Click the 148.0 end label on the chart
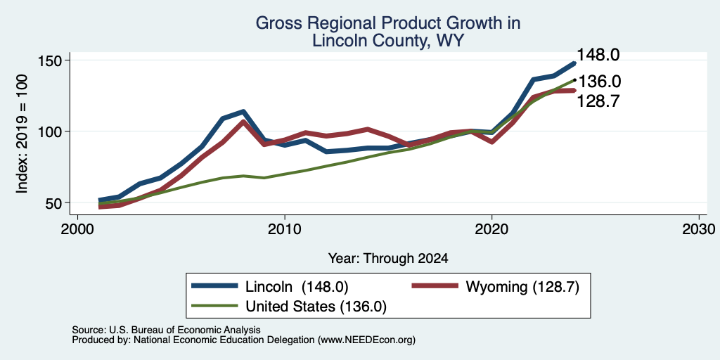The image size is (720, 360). tap(598, 55)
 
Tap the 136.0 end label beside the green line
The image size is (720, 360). tap(599, 82)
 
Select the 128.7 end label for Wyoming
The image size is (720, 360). tap(598, 101)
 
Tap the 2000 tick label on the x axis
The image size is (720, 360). tap(77, 229)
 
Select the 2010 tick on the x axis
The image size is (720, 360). tap(285, 229)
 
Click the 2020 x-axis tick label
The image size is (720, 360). tap(491, 229)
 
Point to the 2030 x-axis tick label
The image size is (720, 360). tap(698, 229)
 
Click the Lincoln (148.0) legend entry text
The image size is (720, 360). tap(297, 287)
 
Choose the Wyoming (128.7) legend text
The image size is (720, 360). tap(522, 287)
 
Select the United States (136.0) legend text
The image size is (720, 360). tap(316, 307)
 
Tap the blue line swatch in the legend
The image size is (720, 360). tap(215, 286)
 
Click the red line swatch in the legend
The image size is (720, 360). tap(435, 286)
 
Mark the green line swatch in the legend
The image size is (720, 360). tap(215, 305)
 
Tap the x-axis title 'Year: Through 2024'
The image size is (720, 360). tap(388, 259)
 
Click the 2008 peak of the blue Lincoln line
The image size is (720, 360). tap(243, 112)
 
